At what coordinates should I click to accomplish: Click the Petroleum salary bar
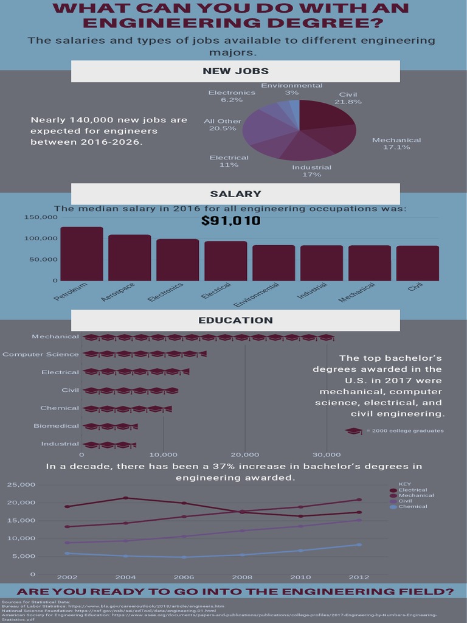click(81, 254)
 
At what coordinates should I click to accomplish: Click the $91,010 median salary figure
click(230, 220)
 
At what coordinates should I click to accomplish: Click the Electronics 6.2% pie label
click(232, 96)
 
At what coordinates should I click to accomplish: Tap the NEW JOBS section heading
click(235, 71)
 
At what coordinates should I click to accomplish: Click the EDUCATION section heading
click(235, 320)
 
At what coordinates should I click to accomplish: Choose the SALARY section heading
click(235, 194)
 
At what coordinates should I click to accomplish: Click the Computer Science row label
click(41, 354)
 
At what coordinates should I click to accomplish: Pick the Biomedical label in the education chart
click(57, 426)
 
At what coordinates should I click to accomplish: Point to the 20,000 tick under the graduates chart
click(245, 454)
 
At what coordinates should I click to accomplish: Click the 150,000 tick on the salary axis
click(41, 217)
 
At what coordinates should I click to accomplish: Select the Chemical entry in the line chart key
click(413, 506)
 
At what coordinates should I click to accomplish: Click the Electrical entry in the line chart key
click(413, 490)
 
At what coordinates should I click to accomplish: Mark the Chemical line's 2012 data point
click(359, 545)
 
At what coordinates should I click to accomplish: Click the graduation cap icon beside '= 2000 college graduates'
click(354, 431)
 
